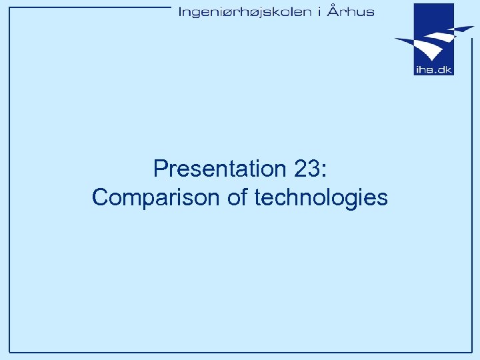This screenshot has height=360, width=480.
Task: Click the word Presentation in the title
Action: click(219, 169)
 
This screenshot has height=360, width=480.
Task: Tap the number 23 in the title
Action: click(306, 169)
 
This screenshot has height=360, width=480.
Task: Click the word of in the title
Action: click(235, 197)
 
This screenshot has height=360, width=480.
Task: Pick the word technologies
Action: click(321, 198)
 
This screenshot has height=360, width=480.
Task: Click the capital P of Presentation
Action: click(159, 169)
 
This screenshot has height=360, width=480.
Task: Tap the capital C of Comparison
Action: click(100, 198)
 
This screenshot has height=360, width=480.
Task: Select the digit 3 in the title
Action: click(313, 169)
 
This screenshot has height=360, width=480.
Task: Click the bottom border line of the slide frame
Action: click(240, 351)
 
